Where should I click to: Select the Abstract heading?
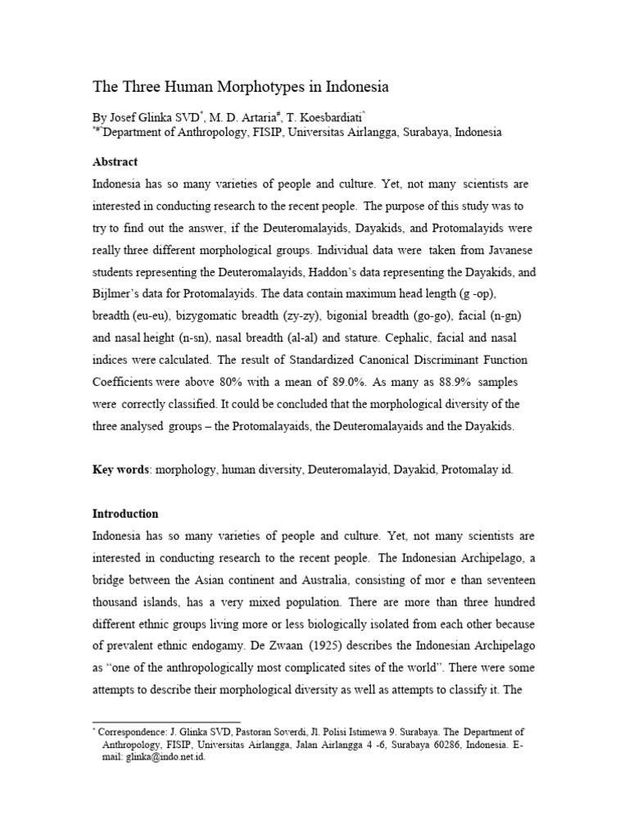click(x=115, y=161)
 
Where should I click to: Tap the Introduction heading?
click(x=125, y=514)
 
